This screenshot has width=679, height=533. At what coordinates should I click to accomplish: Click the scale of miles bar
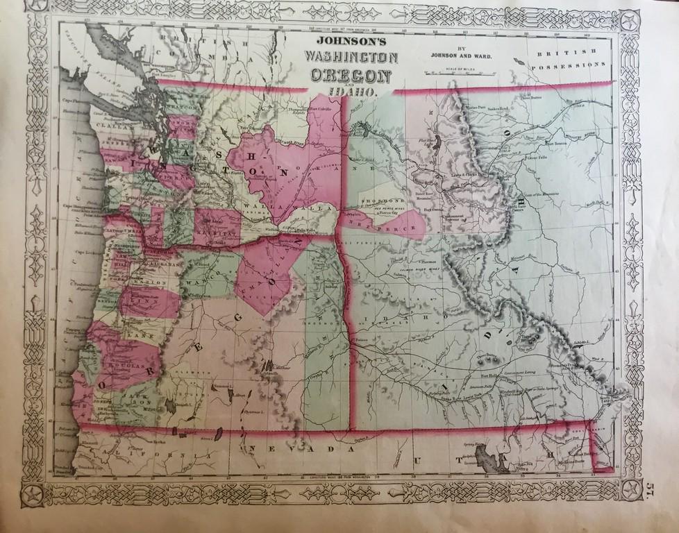pos(458,71)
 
